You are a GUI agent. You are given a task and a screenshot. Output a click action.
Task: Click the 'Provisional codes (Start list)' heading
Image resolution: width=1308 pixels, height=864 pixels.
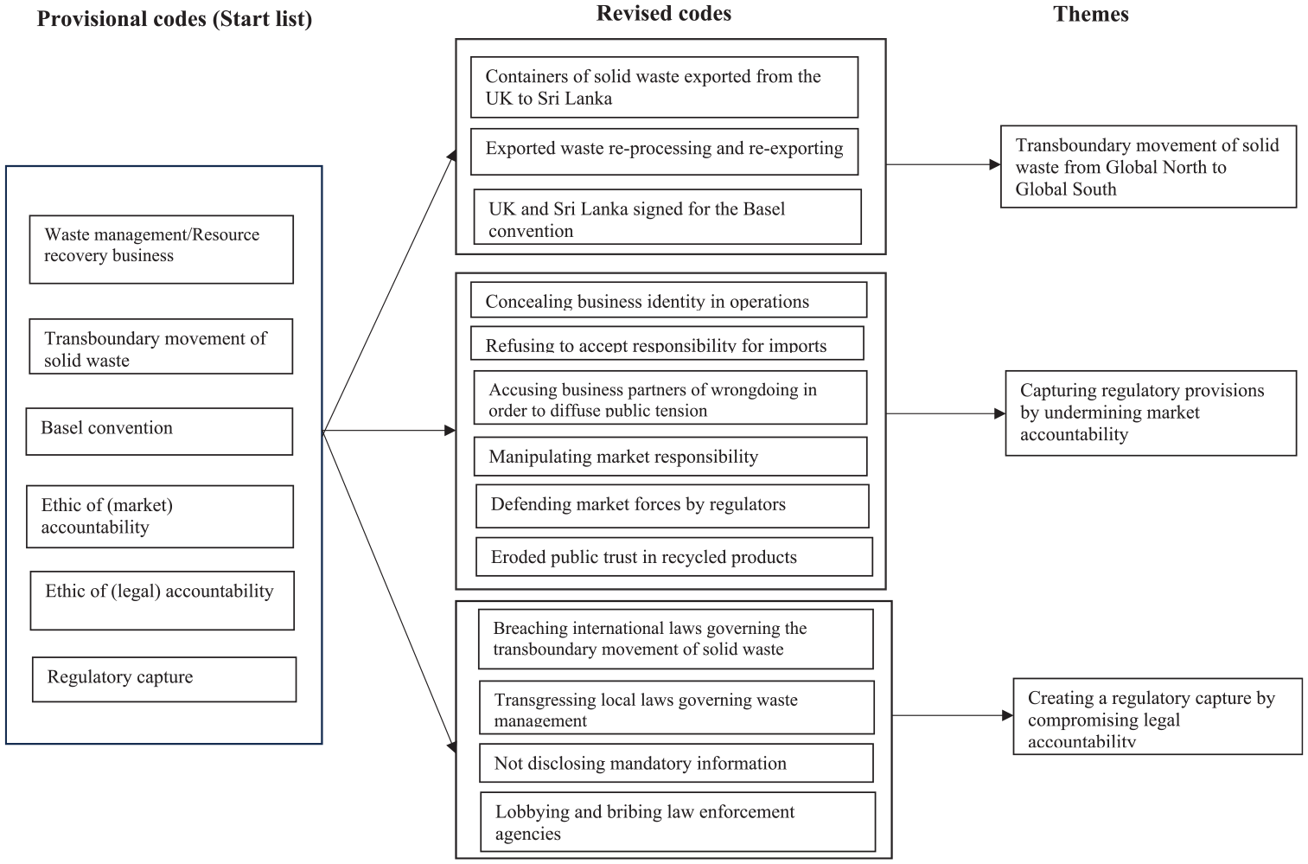[174, 19]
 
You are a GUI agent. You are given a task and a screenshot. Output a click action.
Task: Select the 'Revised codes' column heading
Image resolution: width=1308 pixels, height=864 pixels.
[663, 14]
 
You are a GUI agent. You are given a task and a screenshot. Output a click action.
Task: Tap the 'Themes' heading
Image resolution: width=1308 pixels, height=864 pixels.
[1091, 14]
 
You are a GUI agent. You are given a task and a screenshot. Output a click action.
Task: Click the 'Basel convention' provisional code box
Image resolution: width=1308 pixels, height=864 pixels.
[159, 431]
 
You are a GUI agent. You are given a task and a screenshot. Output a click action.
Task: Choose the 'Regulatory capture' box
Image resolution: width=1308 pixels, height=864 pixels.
[164, 680]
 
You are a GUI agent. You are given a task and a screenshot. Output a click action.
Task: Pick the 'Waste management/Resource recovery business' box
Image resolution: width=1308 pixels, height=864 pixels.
[161, 249]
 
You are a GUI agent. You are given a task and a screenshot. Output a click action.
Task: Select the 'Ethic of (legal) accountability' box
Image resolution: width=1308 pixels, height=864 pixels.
[163, 600]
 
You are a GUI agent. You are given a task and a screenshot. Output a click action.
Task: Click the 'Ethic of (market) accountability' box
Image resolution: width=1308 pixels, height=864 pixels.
[160, 516]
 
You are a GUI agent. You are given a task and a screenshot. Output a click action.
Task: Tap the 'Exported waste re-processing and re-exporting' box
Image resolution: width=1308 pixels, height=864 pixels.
[665, 151]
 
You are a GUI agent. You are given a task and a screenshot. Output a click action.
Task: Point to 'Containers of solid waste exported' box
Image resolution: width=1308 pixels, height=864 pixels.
[665, 87]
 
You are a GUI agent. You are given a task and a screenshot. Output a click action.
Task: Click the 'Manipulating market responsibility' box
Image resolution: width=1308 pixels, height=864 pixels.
[670, 457]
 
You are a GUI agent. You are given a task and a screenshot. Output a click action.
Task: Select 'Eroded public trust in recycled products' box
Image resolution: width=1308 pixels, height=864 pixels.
[674, 557]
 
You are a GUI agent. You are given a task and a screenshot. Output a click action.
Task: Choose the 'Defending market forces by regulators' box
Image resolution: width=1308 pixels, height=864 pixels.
[672, 506]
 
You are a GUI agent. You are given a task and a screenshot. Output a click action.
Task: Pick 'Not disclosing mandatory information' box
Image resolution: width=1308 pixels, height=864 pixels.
[677, 763]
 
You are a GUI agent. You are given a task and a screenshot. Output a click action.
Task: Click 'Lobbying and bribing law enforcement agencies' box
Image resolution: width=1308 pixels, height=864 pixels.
[678, 822]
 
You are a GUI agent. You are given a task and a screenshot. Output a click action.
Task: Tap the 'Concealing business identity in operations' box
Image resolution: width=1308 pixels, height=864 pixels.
[669, 300]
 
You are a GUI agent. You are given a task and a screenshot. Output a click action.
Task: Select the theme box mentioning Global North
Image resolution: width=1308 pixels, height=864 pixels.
[1149, 167]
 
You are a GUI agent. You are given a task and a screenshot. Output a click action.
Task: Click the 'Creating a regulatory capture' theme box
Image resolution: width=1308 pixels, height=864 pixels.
[1158, 716]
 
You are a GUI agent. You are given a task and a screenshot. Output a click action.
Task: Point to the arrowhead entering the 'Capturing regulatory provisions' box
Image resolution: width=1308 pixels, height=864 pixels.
[999, 413]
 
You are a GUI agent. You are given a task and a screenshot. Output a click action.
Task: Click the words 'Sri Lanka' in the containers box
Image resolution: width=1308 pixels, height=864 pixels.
[575, 98]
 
